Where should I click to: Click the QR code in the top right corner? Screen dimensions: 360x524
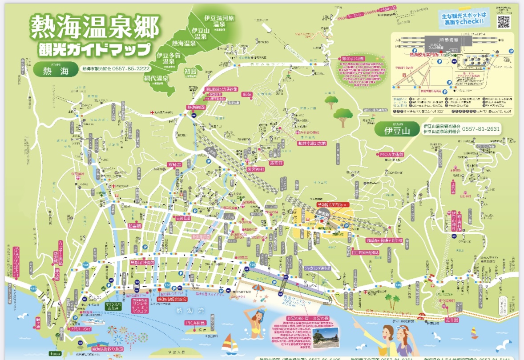(x=503, y=21)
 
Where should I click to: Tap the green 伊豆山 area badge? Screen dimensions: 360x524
(x=397, y=131)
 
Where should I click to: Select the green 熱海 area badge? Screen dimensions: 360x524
(x=53, y=70)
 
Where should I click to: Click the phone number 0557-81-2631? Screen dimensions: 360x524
(x=481, y=129)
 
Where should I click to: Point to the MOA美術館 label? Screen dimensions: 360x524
(x=391, y=154)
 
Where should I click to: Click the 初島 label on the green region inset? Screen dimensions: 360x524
(x=190, y=71)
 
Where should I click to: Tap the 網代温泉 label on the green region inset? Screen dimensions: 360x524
(x=156, y=78)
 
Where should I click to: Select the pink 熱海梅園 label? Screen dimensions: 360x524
(x=196, y=108)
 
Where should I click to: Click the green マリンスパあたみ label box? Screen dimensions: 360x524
(x=113, y=305)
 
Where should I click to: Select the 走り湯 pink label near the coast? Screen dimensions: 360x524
(x=449, y=320)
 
